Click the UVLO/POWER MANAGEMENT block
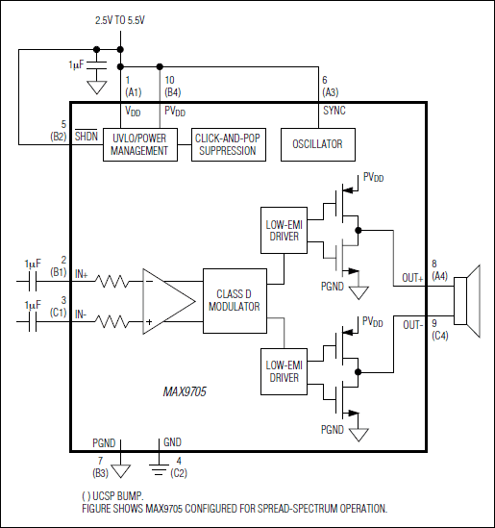pos(139,144)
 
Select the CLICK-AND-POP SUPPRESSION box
pos(226,144)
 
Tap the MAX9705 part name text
pos(186,392)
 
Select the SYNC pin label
pos(334,111)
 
